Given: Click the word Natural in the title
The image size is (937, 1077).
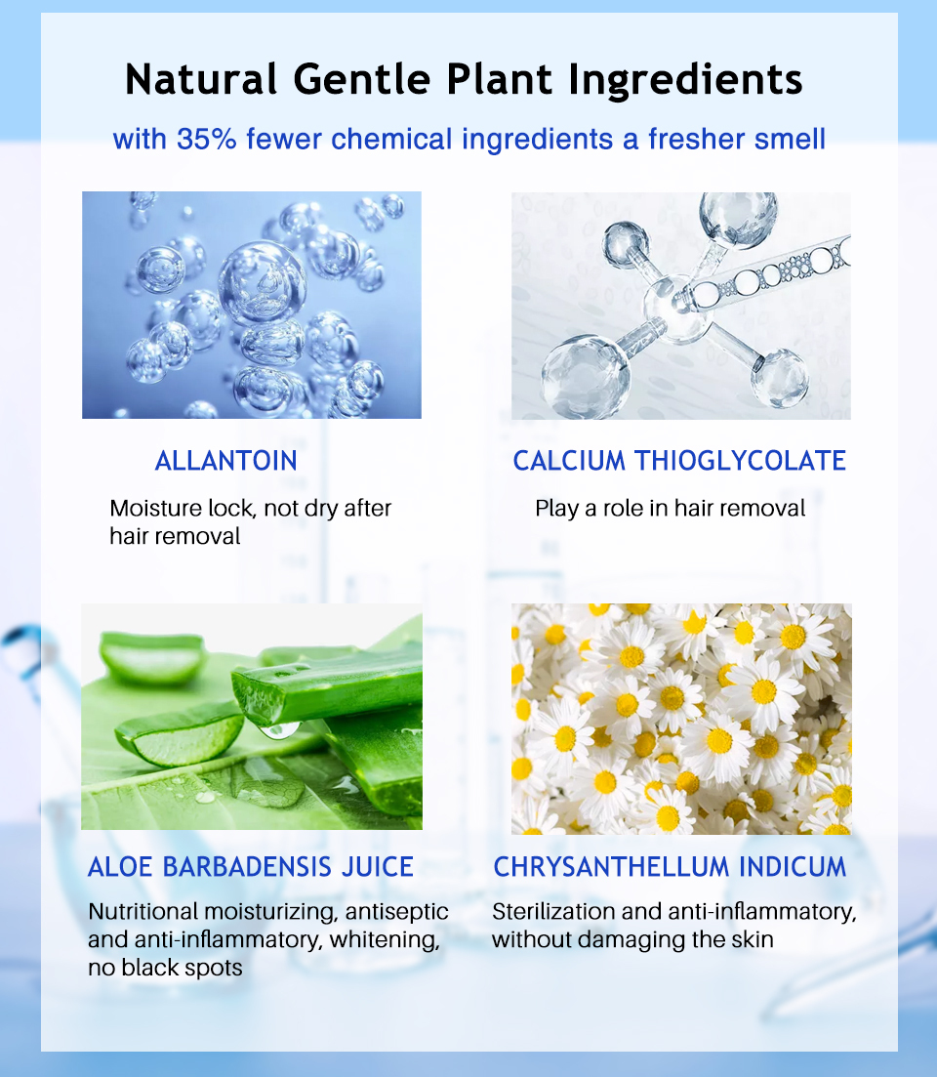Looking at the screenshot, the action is (201, 79).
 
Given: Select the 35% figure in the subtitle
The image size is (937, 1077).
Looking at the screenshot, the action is (206, 139).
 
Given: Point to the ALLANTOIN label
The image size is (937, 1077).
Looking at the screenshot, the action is (225, 461).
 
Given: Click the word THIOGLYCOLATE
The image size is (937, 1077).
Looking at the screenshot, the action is (740, 461).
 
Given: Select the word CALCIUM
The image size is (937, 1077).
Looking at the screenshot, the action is (569, 461).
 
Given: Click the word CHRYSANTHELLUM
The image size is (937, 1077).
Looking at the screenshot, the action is (612, 867).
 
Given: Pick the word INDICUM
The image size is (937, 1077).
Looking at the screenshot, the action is (793, 867).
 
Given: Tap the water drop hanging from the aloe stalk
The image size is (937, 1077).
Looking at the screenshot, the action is (280, 728).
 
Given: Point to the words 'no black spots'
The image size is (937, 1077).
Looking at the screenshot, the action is (165, 968).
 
